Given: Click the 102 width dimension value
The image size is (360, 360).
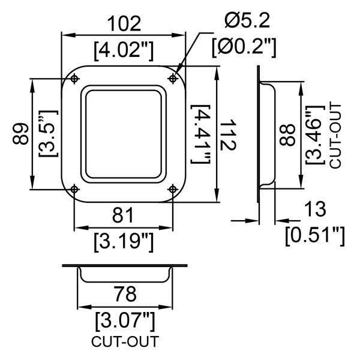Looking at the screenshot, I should point(122,23).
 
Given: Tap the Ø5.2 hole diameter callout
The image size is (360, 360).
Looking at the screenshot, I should point(247,21).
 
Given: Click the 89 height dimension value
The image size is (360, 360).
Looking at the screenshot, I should point(22,133).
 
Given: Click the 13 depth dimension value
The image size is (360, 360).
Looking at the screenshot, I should point(314,209).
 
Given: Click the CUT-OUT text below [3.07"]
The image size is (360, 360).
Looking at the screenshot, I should point(125,343).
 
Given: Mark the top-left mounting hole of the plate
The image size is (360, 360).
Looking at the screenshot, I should point(74,79).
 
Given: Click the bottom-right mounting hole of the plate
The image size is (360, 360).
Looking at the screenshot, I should point(173,189).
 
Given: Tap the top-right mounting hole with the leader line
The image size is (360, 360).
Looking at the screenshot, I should point(173,79).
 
